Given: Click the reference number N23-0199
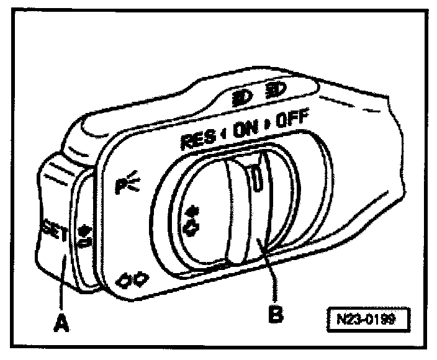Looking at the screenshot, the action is (x=369, y=322).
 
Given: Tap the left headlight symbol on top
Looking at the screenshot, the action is (x=240, y=97).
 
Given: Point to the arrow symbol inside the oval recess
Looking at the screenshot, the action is (x=191, y=223).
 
